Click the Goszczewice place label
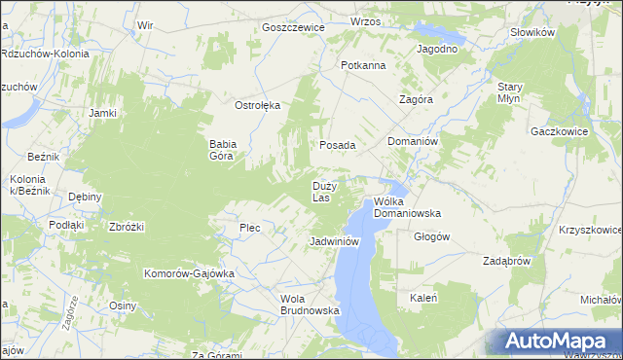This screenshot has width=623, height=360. pos(292,27)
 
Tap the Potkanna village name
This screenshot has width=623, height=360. pos(363,65)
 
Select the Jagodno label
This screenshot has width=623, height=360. pos(437,48)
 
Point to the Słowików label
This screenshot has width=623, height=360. pos(531,32)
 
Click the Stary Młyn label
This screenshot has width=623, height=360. pos(510,92)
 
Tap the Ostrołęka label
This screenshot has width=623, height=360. pos(257,105)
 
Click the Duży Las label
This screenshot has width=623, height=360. pos(324,191)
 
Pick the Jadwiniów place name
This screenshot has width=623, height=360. pos(335,240)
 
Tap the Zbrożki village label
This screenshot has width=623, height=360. pos(127,227)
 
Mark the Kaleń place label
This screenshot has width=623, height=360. pos(422,298)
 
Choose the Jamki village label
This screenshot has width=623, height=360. pos(102,113)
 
